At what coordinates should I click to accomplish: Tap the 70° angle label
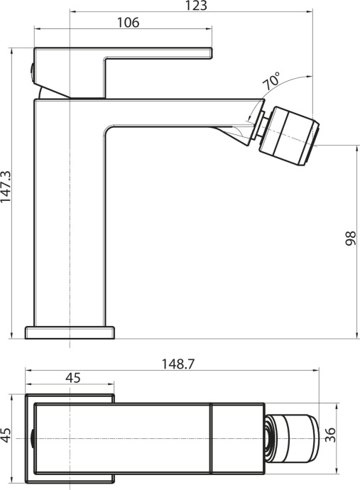click(x=272, y=80)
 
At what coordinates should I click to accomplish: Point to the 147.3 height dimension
click(x=6, y=187)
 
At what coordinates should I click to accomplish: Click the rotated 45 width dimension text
click(x=6, y=435)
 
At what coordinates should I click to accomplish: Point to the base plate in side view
click(x=70, y=332)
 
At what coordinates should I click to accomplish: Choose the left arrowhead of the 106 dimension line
click(x=38, y=29)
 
